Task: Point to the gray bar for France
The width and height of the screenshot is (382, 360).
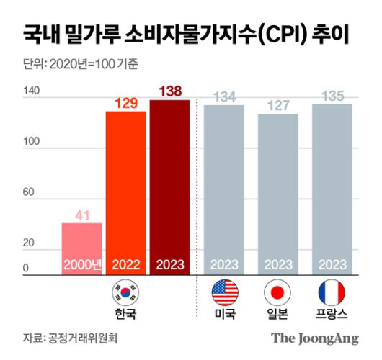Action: click(x=332, y=188)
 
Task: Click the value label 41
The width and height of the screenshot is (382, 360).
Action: click(x=81, y=214)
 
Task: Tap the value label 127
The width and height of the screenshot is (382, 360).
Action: click(x=277, y=105)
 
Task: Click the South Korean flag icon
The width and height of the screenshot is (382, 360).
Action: click(x=125, y=292)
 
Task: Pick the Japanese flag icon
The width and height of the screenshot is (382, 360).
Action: click(x=277, y=292)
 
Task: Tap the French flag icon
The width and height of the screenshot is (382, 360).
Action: click(x=332, y=292)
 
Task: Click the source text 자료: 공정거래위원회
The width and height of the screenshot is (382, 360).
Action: click(x=69, y=337)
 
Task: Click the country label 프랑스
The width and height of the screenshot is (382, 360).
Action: click(x=332, y=315)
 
